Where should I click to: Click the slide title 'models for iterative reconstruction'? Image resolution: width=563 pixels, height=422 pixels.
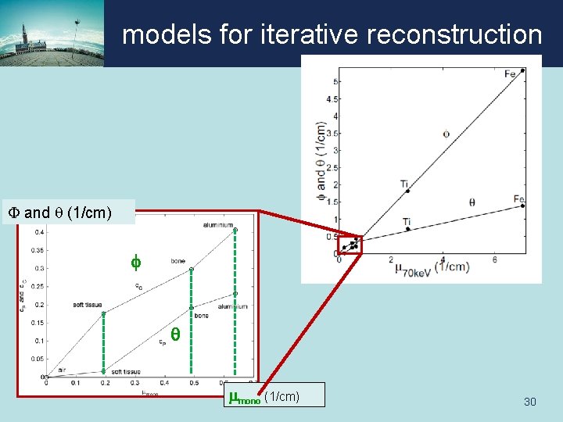click(332, 34)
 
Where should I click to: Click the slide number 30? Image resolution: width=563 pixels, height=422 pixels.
click(529, 402)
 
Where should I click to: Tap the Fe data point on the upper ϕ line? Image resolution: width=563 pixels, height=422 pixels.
click(522, 70)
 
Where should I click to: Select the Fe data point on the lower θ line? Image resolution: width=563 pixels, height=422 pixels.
click(522, 206)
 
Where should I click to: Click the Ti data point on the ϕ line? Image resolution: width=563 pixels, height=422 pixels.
click(407, 191)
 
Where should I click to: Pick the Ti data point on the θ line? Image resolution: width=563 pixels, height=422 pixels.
click(407, 229)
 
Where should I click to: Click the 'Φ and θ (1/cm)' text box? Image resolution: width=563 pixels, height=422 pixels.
click(70, 212)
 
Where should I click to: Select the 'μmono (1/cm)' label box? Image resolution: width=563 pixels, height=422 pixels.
click(273, 396)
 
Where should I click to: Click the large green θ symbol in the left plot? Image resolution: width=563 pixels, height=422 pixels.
click(175, 334)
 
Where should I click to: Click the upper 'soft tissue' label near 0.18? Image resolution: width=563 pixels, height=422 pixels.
click(89, 304)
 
